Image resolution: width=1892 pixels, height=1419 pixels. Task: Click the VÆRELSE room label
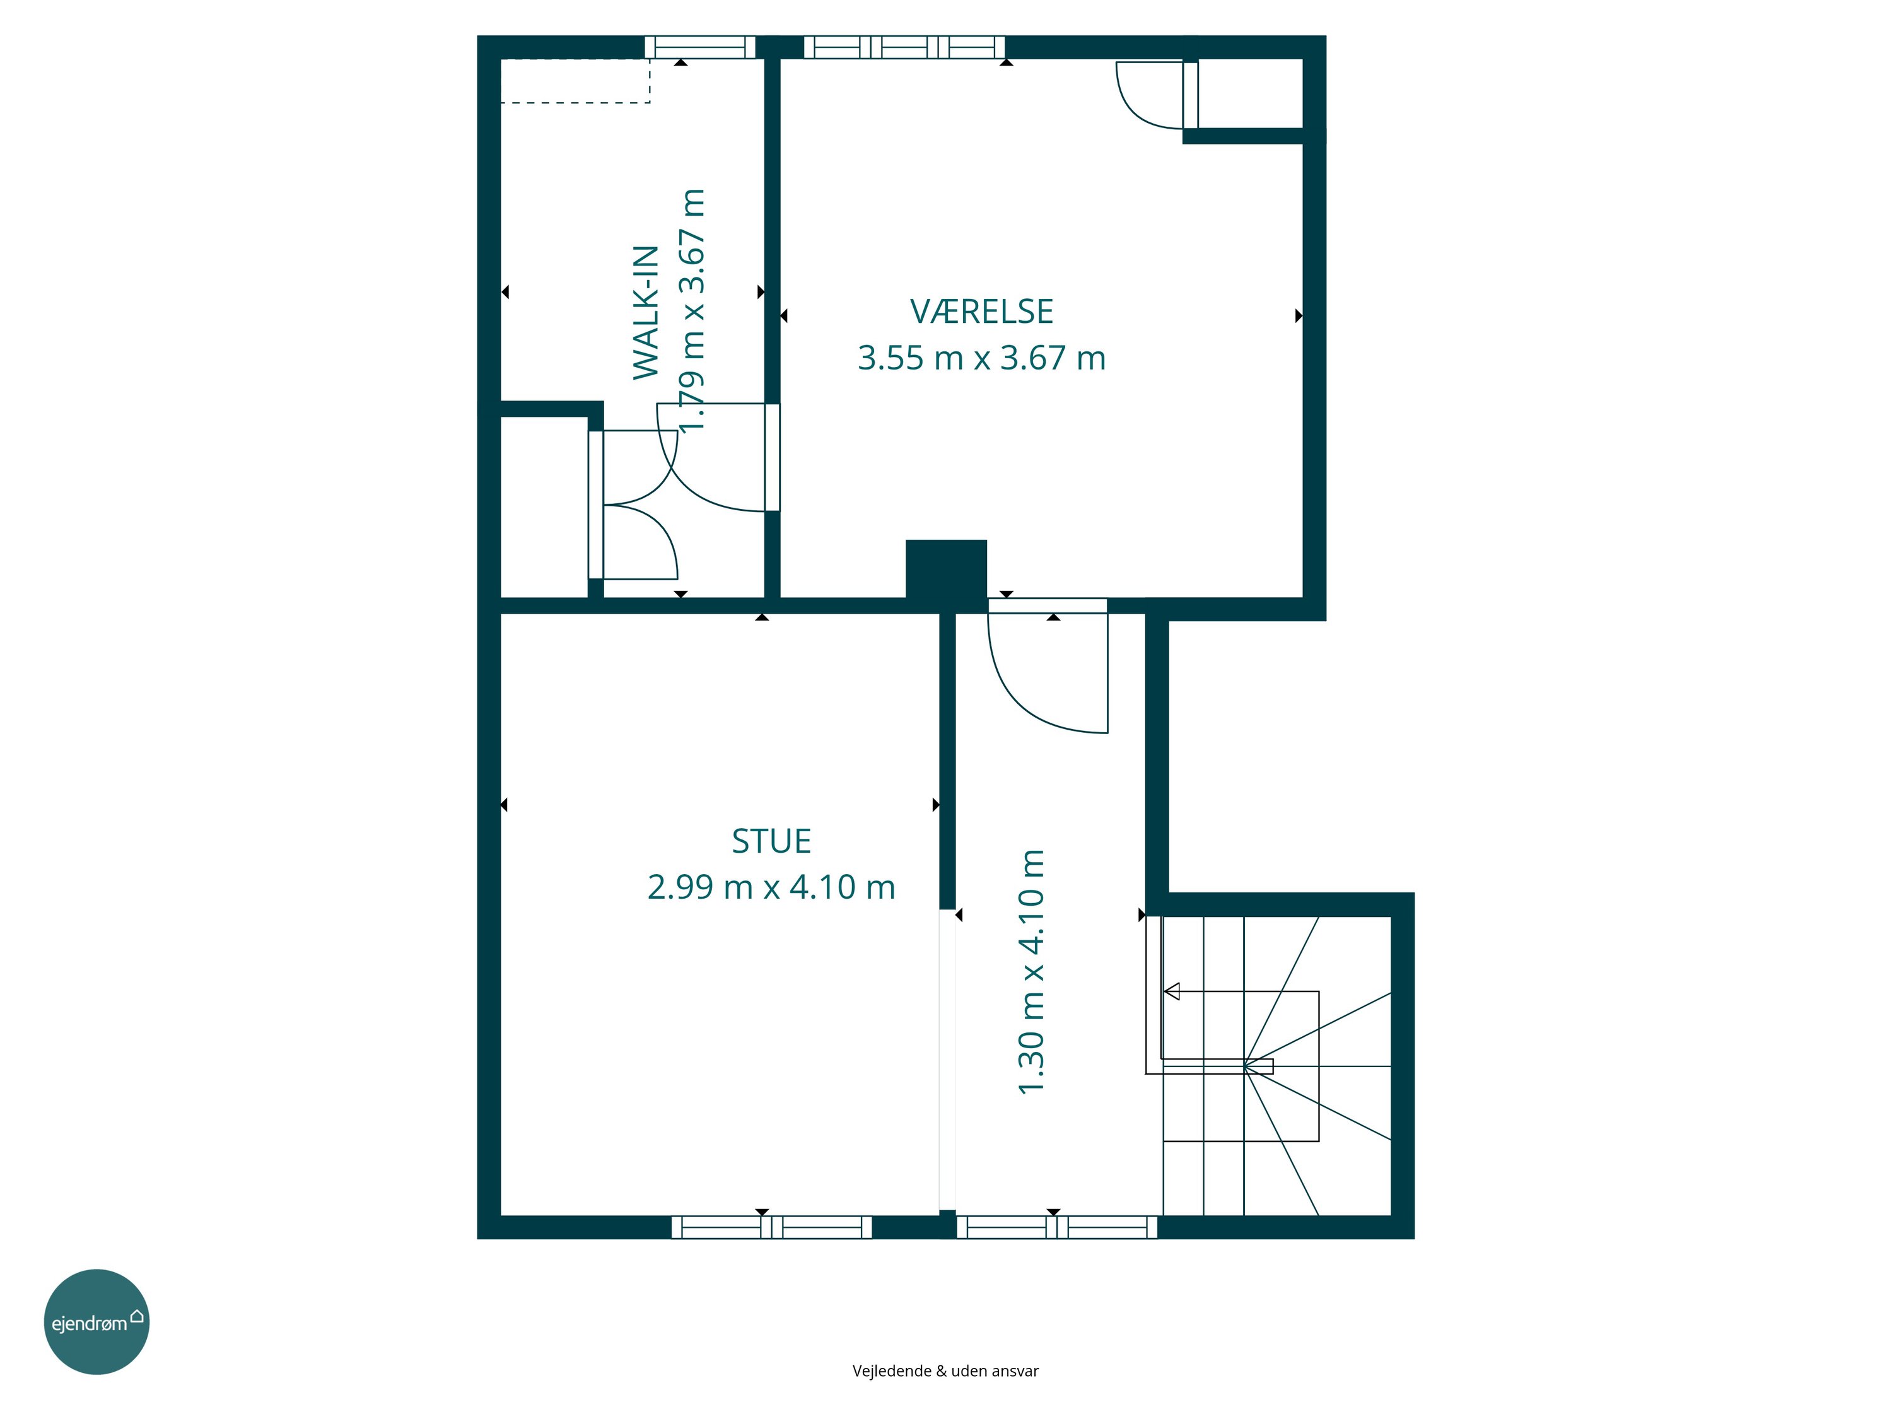point(981,312)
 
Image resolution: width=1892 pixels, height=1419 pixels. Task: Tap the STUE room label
point(771,842)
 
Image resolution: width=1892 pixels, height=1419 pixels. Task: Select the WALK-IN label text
point(646,312)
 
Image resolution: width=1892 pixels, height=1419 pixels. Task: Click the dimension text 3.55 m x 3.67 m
point(981,358)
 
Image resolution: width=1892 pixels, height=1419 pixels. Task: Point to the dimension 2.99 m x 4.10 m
point(771,887)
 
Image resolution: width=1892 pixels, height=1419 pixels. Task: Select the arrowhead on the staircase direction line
point(1172,991)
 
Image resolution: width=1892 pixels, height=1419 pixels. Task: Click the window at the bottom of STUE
point(771,1227)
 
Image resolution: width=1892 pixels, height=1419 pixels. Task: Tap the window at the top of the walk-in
point(699,47)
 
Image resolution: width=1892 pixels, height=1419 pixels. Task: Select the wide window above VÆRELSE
point(904,47)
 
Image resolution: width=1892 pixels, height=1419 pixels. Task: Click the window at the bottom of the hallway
point(1056,1227)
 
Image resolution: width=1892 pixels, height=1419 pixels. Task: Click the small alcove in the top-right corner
point(1249,94)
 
